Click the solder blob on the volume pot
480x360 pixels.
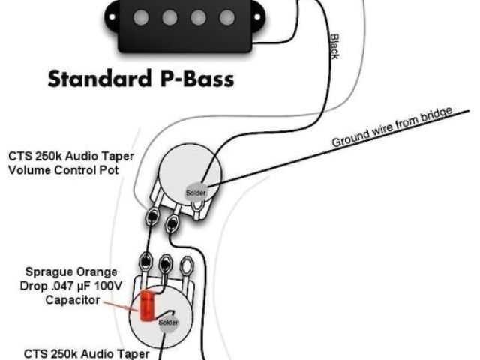(196, 191)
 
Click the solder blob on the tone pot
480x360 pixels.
(168, 322)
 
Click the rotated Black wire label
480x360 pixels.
(334, 46)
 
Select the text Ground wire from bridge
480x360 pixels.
(392, 127)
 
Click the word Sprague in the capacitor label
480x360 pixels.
(46, 271)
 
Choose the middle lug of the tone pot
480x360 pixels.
(163, 263)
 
